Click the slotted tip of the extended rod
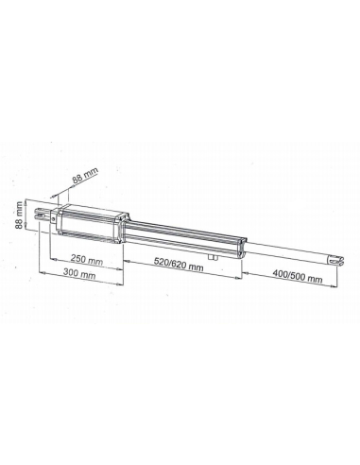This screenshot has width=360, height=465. pos(331,259)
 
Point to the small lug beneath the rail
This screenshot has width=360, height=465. pos(216,254)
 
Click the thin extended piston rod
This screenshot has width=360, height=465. pos(288,252)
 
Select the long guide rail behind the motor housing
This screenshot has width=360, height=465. pos(180,236)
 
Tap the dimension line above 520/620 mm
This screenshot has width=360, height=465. pos(180,259)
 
